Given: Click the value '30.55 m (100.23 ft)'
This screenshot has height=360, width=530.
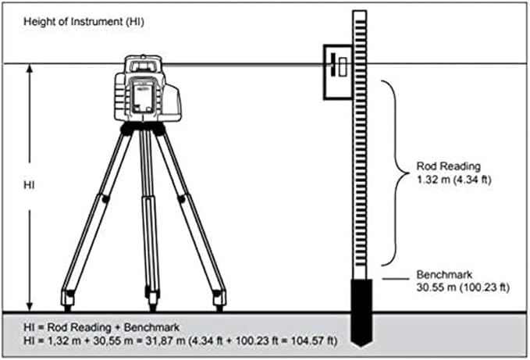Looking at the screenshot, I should (x=463, y=288).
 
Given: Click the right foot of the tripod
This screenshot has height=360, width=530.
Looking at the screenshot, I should (x=220, y=298).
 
